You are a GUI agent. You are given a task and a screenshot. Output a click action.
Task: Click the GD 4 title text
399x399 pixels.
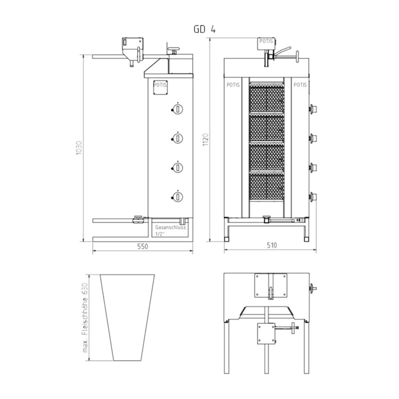click(204, 29)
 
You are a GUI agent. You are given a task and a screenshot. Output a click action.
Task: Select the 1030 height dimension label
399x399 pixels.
click(79, 148)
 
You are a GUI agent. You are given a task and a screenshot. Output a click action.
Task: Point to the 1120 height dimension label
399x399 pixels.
click(205, 140)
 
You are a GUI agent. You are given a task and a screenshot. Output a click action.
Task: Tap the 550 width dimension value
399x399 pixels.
click(143, 246)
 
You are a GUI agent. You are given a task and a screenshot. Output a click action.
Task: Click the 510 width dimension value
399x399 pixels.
click(272, 245)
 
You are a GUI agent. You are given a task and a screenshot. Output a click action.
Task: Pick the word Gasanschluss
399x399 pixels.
click(171, 227)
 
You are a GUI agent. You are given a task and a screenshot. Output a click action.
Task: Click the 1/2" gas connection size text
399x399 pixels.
click(159, 234)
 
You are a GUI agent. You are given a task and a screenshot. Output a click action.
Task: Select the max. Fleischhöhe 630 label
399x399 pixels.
click(85, 318)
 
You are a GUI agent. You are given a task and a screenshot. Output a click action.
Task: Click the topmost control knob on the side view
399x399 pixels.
click(178, 109)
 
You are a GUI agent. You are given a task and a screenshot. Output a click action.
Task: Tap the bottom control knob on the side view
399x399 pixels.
click(178, 197)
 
